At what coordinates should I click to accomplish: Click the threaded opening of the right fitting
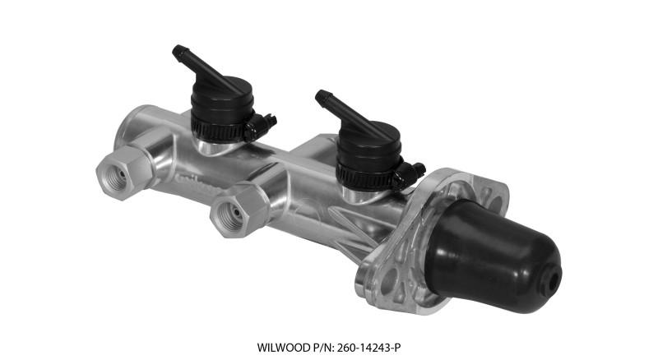(x=227, y=215)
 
